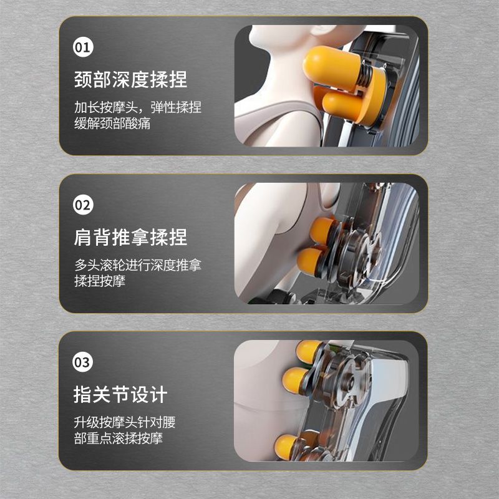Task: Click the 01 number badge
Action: tap(83, 47)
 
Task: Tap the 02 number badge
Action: tap(83, 205)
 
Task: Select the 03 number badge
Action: tap(83, 362)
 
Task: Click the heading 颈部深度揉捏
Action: tap(130, 80)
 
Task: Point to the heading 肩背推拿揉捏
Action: tap(130, 237)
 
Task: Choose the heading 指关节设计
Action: tap(120, 395)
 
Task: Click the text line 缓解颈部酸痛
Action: tap(112, 124)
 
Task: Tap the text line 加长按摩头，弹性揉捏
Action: tap(138, 107)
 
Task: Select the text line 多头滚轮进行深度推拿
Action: tap(138, 264)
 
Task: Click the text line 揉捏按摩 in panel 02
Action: tap(100, 281)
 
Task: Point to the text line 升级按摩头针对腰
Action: tap(125, 422)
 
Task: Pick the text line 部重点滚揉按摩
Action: tap(119, 438)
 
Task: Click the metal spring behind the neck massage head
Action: tap(365, 77)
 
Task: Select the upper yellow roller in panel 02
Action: tap(322, 230)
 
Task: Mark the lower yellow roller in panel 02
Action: tap(310, 261)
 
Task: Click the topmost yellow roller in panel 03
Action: tap(308, 351)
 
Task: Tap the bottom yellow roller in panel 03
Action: tap(286, 447)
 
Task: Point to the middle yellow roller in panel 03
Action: tap(295, 380)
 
